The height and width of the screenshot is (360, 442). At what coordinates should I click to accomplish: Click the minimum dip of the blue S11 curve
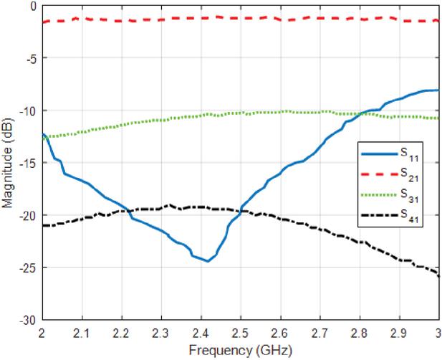(x=208, y=261)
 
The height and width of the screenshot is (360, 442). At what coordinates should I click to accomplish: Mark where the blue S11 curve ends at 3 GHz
(x=438, y=90)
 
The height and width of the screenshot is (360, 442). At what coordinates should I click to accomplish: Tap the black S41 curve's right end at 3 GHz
(x=438, y=275)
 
